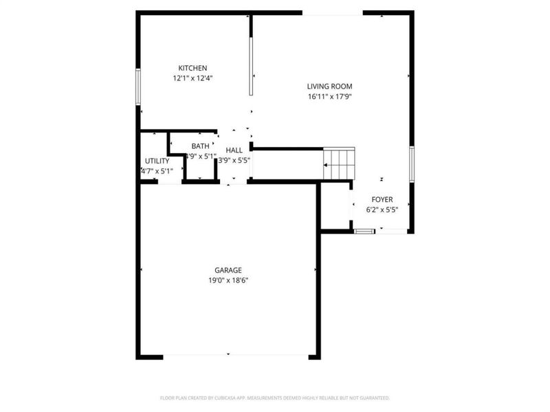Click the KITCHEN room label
192,68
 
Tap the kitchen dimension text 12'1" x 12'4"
192,78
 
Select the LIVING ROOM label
329,87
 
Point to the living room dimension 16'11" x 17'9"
329,97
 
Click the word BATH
200,146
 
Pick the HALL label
234,150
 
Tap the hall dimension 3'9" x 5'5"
234,161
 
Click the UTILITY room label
157,161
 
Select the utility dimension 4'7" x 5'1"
157,171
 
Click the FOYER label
382,199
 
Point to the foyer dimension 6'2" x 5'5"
382,209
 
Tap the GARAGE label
228,271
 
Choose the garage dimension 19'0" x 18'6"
228,281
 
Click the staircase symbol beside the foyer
338,164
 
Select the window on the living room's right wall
411,163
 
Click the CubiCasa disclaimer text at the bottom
275,398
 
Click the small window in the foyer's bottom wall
364,232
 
